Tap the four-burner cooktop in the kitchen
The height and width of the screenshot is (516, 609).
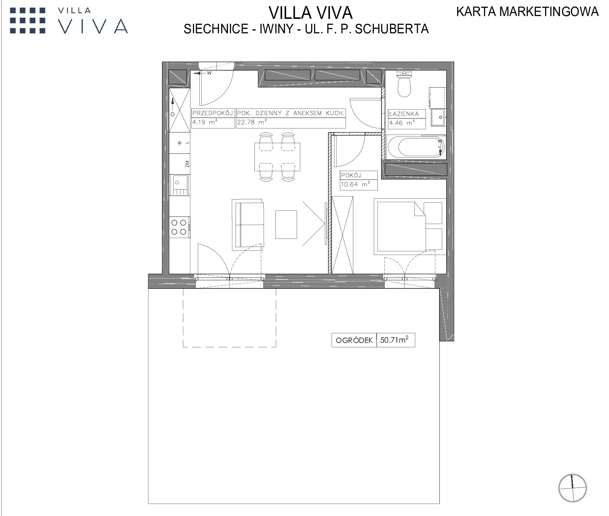click(x=179, y=227)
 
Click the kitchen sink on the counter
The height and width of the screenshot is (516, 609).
click(x=179, y=185)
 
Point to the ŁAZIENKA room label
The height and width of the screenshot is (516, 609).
click(x=403, y=114)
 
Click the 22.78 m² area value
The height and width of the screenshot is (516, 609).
click(x=252, y=122)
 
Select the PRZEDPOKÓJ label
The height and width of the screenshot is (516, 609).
click(x=212, y=113)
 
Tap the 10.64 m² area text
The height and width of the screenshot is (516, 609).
click(x=355, y=184)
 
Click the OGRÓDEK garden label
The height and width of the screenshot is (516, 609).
click(x=354, y=340)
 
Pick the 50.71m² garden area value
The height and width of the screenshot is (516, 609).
click(x=394, y=340)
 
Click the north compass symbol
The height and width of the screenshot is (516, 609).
click(x=572, y=488)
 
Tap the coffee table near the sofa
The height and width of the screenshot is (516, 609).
click(x=286, y=224)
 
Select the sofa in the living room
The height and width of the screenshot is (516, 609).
click(x=248, y=225)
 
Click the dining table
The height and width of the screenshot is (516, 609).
click(x=277, y=157)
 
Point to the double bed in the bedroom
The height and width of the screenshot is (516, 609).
click(x=410, y=226)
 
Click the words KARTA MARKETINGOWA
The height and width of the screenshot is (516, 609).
click(x=527, y=12)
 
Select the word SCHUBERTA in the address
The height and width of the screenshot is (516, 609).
click(x=392, y=29)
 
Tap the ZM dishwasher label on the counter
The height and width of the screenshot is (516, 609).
click(x=187, y=164)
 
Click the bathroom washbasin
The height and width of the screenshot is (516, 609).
click(x=439, y=117)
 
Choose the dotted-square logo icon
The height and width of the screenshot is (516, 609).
click(x=28, y=20)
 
